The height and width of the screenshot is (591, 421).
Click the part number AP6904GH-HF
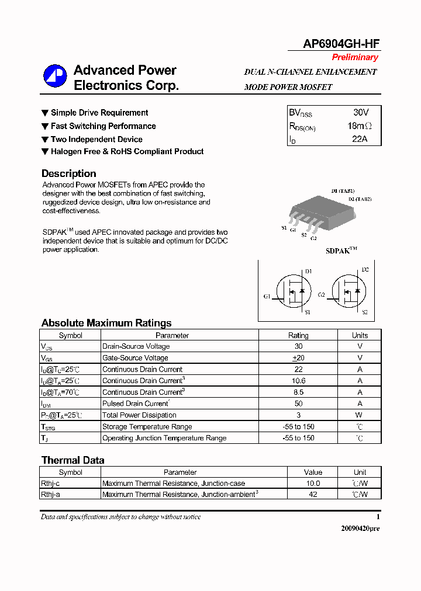pyautogui.click(x=341, y=44)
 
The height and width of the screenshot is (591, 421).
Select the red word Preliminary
pyautogui.click(x=355, y=57)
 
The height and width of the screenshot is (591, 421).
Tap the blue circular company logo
pyautogui.click(x=55, y=76)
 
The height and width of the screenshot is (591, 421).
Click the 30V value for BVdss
pyautogui.click(x=360, y=112)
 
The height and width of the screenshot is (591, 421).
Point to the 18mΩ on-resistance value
pyautogui.click(x=359, y=126)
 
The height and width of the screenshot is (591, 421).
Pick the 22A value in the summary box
pyautogui.click(x=360, y=139)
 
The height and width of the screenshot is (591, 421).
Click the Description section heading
pyautogui.click(x=69, y=173)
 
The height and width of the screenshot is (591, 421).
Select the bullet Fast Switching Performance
pyautogui.click(x=103, y=126)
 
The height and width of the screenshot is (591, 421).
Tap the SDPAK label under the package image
pyautogui.click(x=341, y=251)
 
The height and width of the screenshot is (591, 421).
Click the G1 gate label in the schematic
pyautogui.click(x=267, y=297)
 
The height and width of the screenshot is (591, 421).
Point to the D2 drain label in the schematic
pyautogui.click(x=365, y=270)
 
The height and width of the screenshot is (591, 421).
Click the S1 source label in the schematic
pyautogui.click(x=308, y=312)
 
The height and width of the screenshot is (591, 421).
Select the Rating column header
pyautogui.click(x=298, y=335)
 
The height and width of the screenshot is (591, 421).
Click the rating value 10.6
pyautogui.click(x=298, y=381)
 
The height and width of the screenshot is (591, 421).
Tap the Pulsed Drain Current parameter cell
pyautogui.click(x=136, y=404)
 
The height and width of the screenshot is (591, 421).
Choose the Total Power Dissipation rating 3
pyautogui.click(x=298, y=415)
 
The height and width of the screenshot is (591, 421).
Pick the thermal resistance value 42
pyautogui.click(x=313, y=495)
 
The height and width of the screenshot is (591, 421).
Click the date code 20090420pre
pyautogui.click(x=360, y=528)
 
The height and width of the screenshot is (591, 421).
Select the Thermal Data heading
pyautogui.click(x=73, y=460)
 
